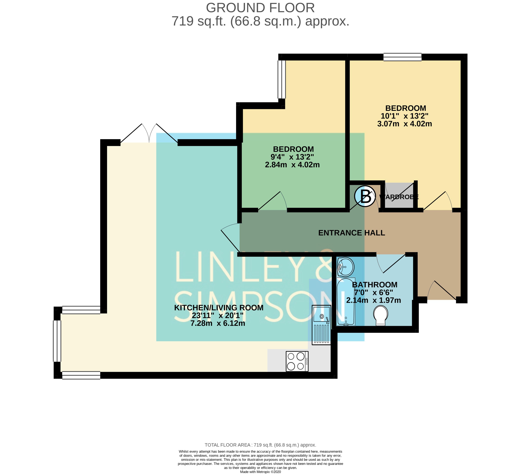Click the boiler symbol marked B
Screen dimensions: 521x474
click(x=365, y=196)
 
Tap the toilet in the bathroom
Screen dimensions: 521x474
click(x=380, y=316)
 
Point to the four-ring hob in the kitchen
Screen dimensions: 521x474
click(x=297, y=361)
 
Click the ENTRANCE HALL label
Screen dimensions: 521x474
click(x=351, y=233)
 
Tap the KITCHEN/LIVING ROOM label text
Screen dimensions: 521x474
click(x=219, y=308)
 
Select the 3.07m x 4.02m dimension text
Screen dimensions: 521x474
click(x=404, y=124)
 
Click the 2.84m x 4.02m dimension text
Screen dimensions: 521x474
click(x=292, y=165)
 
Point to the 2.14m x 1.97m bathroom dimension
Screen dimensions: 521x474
click(x=373, y=300)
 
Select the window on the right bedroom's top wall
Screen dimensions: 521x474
click(x=402, y=57)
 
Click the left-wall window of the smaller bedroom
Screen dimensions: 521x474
click(x=282, y=79)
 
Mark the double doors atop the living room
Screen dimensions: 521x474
click(x=149, y=133)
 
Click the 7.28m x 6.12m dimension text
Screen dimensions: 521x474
click(x=218, y=323)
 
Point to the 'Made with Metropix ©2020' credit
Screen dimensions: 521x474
click(x=261, y=472)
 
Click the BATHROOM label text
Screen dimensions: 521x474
click(x=375, y=285)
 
